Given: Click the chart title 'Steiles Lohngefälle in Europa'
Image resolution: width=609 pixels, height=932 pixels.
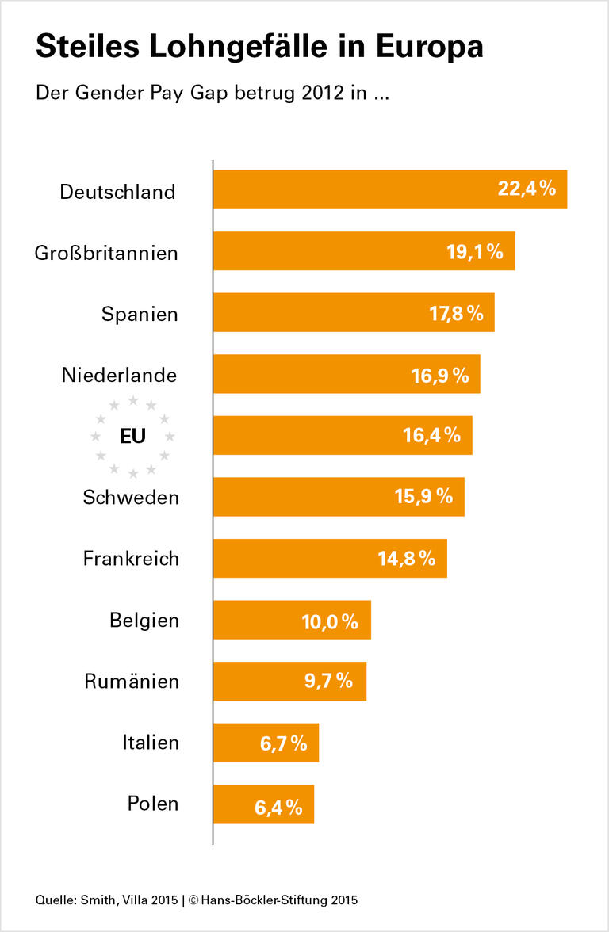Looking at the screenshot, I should point(259,47).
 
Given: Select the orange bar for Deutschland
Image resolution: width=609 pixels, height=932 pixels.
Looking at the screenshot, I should point(357,190).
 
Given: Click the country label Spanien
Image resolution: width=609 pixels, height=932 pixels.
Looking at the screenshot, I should point(140,315).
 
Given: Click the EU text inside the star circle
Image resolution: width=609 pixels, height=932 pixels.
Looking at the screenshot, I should point(132,436).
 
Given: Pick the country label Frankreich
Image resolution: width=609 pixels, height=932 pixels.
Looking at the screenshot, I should point(131,559).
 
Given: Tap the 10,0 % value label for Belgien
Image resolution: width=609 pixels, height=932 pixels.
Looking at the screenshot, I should point(330,621).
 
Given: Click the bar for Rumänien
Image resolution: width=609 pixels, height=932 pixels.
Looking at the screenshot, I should point(270,682).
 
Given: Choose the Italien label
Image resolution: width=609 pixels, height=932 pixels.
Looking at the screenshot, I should point(151,743).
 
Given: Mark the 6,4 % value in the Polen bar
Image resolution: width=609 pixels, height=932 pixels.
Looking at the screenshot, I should point(278,808).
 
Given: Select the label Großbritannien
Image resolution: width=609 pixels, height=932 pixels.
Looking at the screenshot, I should point(106,253).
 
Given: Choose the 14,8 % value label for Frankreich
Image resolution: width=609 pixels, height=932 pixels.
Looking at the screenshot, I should point(406,559).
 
